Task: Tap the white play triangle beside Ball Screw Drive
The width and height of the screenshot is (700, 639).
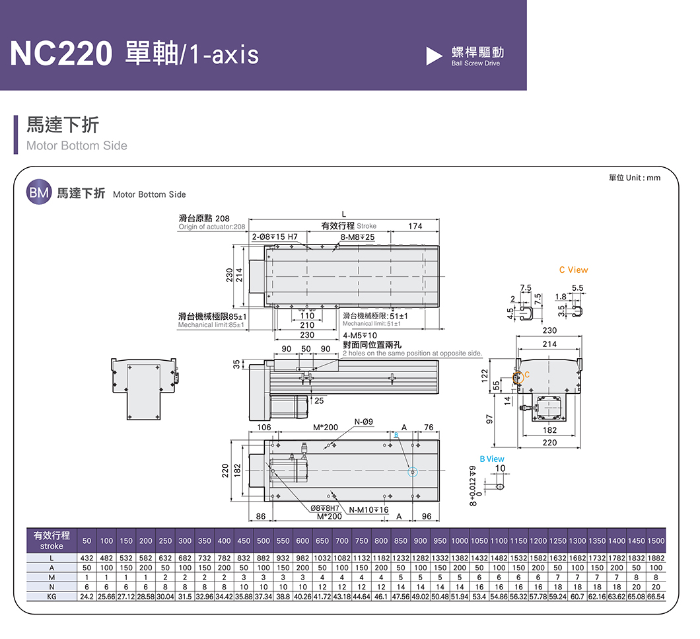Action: (434, 56)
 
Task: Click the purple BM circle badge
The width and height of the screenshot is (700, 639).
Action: (38, 193)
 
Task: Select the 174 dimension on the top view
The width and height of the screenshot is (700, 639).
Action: (415, 227)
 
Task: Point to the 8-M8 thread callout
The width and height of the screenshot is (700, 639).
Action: (357, 237)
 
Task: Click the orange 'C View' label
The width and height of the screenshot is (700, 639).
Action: (573, 270)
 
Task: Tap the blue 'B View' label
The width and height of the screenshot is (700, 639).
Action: (491, 459)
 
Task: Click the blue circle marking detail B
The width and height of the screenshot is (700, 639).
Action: (413, 472)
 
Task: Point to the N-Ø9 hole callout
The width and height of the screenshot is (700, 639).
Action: (364, 422)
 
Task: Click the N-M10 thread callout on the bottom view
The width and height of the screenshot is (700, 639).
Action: (368, 509)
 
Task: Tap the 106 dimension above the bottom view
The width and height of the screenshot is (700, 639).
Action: (263, 428)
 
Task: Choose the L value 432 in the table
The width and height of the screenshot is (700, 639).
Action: (87, 559)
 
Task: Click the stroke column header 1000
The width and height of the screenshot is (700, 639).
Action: (460, 541)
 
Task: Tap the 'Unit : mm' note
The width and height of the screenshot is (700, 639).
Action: (634, 178)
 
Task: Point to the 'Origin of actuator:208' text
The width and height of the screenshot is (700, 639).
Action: (211, 227)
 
